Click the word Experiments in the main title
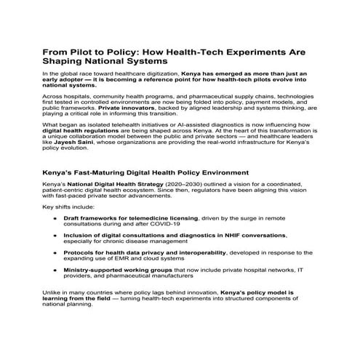tap(247, 53)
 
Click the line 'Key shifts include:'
tap(66, 207)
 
